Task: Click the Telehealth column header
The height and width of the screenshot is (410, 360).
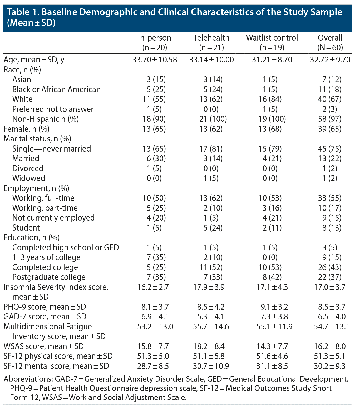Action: click(211, 38)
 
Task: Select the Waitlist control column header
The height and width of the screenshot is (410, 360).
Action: click(272, 38)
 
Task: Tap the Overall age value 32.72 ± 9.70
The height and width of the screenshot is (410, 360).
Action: click(330, 60)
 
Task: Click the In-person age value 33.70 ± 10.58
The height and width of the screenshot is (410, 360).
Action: click(155, 60)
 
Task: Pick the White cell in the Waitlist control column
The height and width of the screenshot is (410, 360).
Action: click(272, 99)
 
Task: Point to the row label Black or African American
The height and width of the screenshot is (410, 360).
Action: click(56, 90)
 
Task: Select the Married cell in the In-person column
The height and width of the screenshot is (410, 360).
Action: click(155, 159)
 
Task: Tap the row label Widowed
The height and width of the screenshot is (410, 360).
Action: click(29, 178)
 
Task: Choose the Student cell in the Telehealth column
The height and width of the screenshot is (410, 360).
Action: click(211, 228)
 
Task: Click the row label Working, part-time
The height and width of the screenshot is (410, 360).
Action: click(45, 208)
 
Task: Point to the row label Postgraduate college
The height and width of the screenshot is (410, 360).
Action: click(49, 277)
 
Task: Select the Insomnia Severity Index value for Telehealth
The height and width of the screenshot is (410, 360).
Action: click(211, 287)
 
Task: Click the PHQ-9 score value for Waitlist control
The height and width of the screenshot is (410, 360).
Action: click(272, 307)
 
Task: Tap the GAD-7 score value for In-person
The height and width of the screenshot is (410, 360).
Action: click(155, 317)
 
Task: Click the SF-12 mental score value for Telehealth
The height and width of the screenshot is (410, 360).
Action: click(211, 366)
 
